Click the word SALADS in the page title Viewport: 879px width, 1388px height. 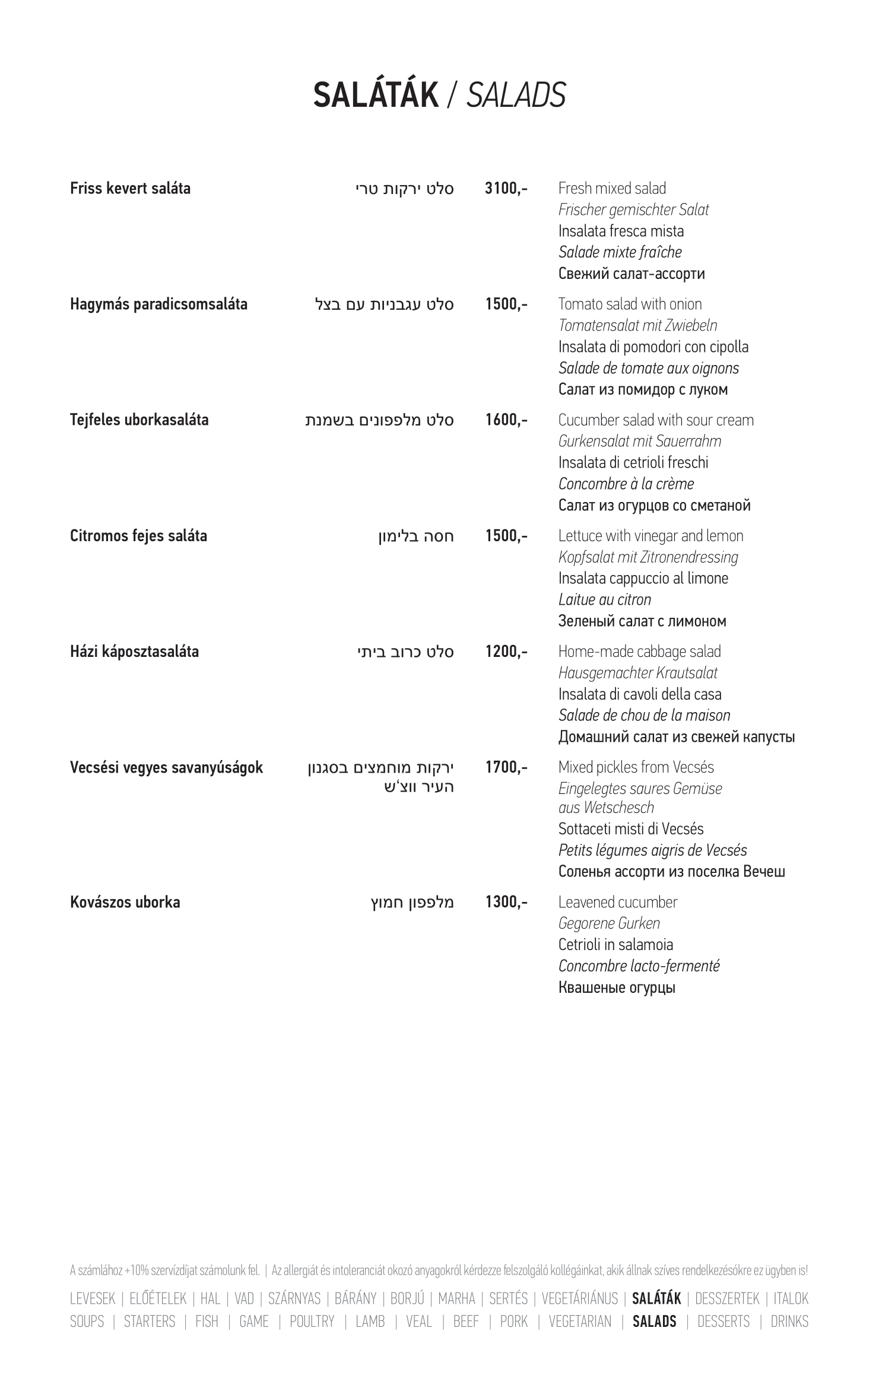tap(516, 96)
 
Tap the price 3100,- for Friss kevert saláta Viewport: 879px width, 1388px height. tap(506, 189)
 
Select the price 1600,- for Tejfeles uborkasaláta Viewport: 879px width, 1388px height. tap(506, 420)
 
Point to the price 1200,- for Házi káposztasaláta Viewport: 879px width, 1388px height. tap(506, 652)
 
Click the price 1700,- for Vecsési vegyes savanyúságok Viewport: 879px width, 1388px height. tap(506, 767)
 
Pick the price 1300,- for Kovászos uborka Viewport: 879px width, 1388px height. tap(506, 903)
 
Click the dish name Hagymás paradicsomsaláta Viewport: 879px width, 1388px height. tap(158, 304)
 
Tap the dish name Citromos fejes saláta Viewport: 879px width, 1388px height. tap(138, 536)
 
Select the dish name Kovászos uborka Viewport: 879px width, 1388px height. tap(125, 903)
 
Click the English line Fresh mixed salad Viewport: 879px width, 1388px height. tap(612, 189)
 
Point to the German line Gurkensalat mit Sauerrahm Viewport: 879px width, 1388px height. tap(639, 442)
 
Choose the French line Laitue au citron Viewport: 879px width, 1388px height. tap(604, 600)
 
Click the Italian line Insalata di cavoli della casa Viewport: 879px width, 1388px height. tap(640, 694)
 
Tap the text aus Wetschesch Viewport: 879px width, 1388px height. tap(605, 808)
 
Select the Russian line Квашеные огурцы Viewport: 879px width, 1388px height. tap(617, 988)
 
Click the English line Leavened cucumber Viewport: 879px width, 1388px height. tap(617, 903)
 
